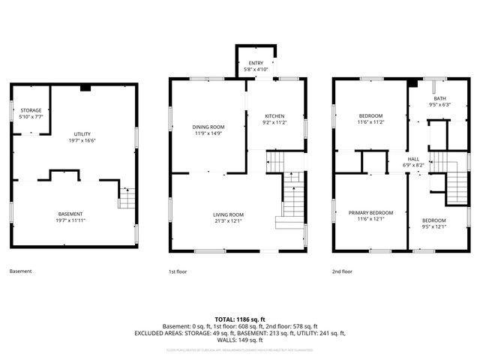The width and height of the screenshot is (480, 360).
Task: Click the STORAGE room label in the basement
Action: click(x=31, y=110)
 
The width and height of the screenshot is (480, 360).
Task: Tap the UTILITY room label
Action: click(x=82, y=133)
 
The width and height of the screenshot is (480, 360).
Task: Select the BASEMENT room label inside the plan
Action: click(x=70, y=214)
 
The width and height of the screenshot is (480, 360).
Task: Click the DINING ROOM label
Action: click(x=208, y=127)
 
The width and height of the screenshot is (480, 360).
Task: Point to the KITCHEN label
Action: click(x=275, y=116)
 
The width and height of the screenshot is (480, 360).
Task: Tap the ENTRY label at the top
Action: click(x=256, y=63)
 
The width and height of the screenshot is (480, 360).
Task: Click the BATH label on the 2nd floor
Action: click(x=439, y=98)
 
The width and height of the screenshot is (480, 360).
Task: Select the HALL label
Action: click(x=414, y=159)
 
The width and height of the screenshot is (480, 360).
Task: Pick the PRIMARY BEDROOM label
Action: click(x=370, y=212)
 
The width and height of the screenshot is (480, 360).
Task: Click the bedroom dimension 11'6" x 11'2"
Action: click(x=370, y=121)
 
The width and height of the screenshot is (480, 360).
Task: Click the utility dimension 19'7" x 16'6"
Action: click(x=82, y=140)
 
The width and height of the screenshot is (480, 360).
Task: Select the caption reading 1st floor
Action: click(x=178, y=271)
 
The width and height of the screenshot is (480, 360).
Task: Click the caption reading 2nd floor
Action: click(x=342, y=271)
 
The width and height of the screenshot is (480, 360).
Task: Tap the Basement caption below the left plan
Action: click(x=20, y=271)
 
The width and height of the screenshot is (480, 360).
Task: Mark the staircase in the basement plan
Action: click(x=127, y=198)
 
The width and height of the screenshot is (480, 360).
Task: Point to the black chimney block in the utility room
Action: click(x=85, y=88)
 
